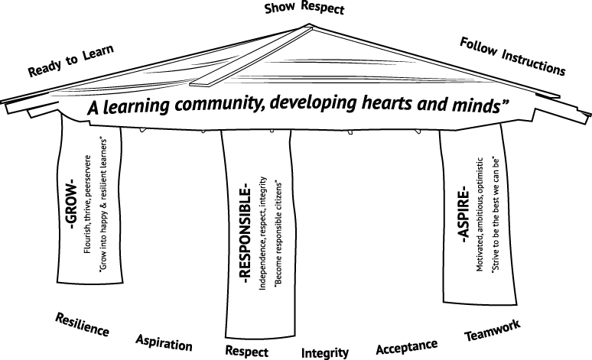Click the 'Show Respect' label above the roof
pyautogui.click(x=304, y=8)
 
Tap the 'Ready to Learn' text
pyautogui.click(x=71, y=60)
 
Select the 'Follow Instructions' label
pyautogui.click(x=512, y=57)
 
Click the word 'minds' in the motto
pyautogui.click(x=477, y=105)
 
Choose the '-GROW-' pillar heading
pyautogui.click(x=70, y=203)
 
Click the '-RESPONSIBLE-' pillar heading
pyautogui.click(x=245, y=233)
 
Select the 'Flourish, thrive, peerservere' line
pyautogui.click(x=88, y=204)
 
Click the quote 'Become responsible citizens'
pyautogui.click(x=278, y=234)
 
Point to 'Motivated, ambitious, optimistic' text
pyautogui.click(x=480, y=214)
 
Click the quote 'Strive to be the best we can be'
pyautogui.click(x=496, y=215)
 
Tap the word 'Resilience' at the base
pyautogui.click(x=83, y=325)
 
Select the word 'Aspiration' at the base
pyautogui.click(x=164, y=342)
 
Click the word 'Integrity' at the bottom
pyautogui.click(x=325, y=353)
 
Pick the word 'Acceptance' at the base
pyautogui.click(x=407, y=347)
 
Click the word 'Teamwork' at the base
pyautogui.click(x=493, y=330)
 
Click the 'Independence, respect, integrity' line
pyautogui.click(x=263, y=233)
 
